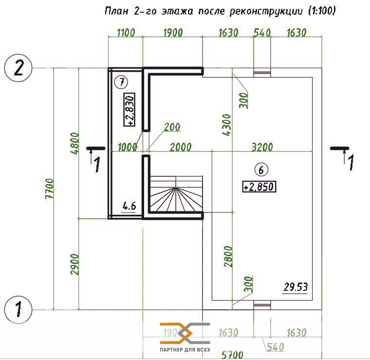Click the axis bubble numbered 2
tap(18, 68)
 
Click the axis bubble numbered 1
tap(18, 309)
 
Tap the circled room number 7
tap(121, 82)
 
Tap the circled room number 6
tap(261, 170)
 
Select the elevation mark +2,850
tap(259, 187)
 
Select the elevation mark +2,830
tap(129, 110)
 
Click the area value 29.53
tap(296, 287)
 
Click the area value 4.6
tap(129, 207)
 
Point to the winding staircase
tap(176, 193)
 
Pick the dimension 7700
tap(50, 189)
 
